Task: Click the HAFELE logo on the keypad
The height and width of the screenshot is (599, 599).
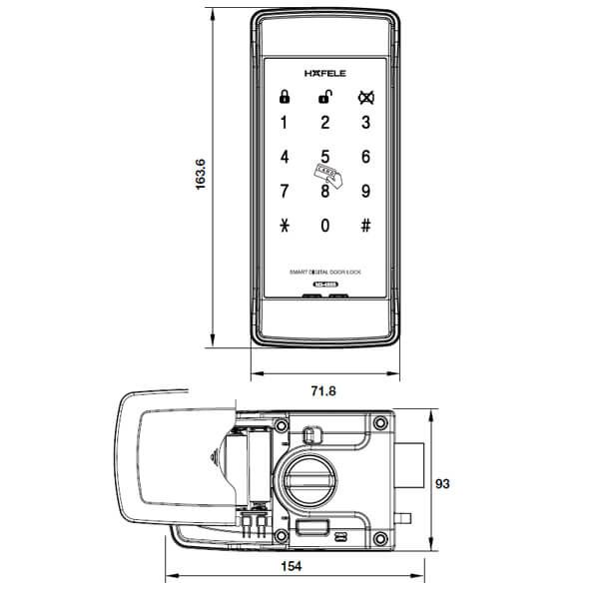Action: point(324,73)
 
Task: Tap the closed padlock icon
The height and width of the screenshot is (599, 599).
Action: point(285,98)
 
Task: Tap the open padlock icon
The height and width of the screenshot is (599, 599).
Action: point(324,97)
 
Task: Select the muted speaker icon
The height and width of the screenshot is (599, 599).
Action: point(365,98)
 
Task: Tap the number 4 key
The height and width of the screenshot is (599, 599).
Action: point(285,157)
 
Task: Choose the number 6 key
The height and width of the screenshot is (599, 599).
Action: point(365,157)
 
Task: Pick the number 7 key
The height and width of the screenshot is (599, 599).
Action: point(285,191)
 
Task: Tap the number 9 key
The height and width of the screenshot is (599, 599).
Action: point(365,191)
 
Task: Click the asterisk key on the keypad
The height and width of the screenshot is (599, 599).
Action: point(285,225)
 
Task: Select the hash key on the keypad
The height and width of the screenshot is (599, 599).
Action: point(365,225)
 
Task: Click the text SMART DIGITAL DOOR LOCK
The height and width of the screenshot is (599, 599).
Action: point(324,273)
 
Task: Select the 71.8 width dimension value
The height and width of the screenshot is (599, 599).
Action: point(324,390)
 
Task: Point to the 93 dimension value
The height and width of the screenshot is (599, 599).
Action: point(445,483)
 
